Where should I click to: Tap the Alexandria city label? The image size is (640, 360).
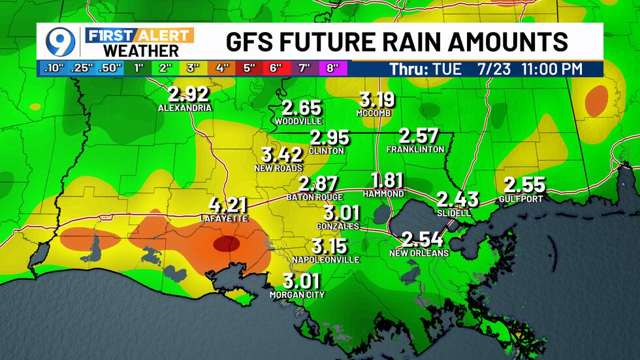point(185,108)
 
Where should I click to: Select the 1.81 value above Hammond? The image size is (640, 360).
point(387,181)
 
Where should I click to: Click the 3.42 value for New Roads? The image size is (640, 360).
point(281,155)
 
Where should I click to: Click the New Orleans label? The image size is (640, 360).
point(419,253)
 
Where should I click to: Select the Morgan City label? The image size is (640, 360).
point(297,295)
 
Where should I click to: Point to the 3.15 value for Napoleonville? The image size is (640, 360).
point(329,246)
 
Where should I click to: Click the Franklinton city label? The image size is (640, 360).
point(415,150)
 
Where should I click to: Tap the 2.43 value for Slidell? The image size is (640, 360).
point(458,199)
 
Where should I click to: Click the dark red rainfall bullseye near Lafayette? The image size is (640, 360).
point(225,244)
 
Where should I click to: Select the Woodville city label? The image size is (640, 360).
point(298,122)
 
